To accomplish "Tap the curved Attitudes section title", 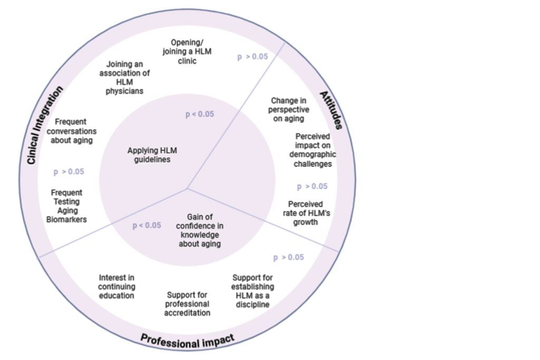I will click(x=331, y=110).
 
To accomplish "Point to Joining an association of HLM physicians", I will click(x=124, y=77).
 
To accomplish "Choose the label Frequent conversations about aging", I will click(x=71, y=131).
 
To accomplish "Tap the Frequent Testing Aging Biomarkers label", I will click(x=66, y=206).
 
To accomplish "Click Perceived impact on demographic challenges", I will click(x=312, y=150).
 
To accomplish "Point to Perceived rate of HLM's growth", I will click(x=305, y=213).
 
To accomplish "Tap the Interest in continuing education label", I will click(x=117, y=286).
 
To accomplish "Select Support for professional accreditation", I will click(x=187, y=304).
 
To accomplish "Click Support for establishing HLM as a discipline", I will click(x=253, y=291).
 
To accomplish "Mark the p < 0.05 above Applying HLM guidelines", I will click(x=199, y=114).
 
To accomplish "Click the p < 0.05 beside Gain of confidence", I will click(x=147, y=226).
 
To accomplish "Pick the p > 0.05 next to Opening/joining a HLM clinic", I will click(x=252, y=57).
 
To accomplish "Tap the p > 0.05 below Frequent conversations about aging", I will click(x=69, y=172).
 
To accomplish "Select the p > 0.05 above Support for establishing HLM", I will click(x=288, y=258).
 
